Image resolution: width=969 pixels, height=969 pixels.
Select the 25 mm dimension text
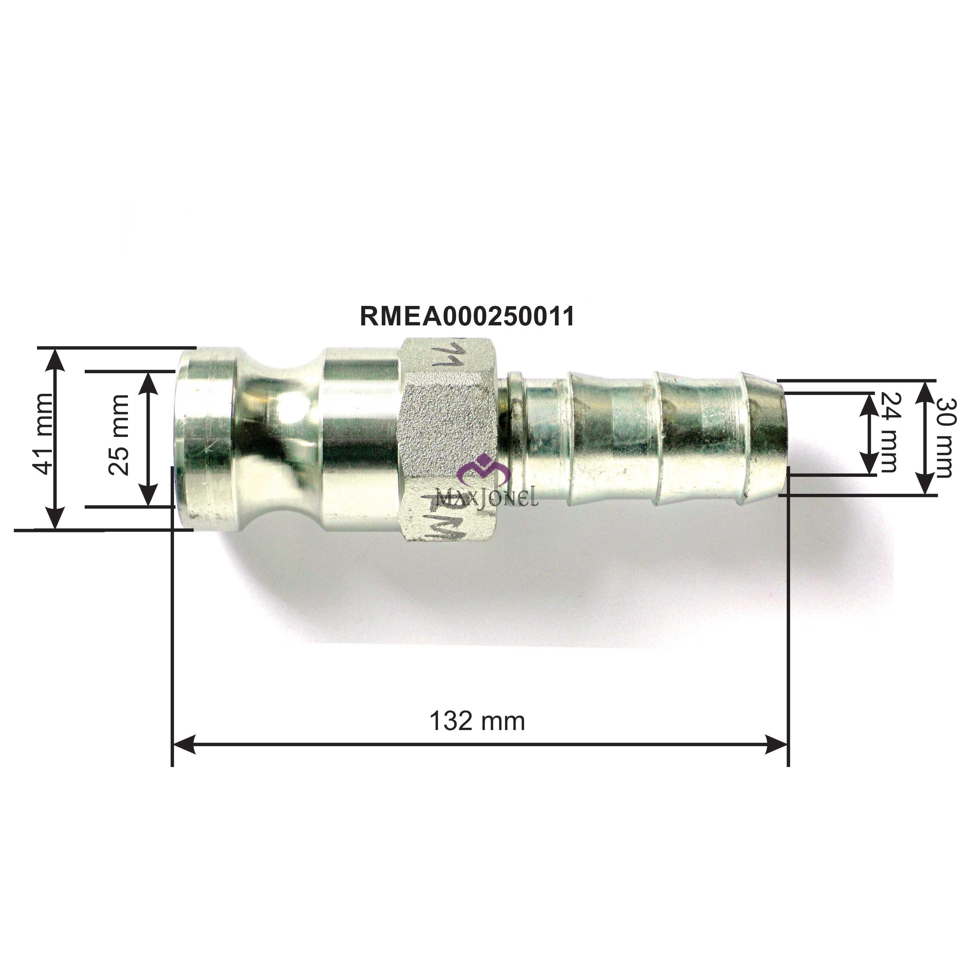pos(119,434)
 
